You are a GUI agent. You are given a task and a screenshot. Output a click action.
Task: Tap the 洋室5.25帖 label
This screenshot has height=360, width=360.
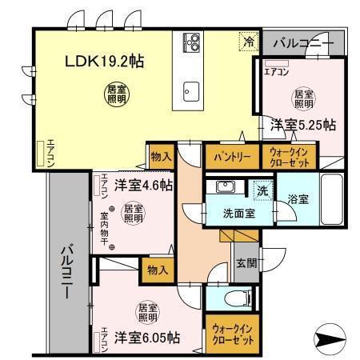302,125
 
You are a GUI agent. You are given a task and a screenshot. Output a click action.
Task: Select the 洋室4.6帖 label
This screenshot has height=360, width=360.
142,186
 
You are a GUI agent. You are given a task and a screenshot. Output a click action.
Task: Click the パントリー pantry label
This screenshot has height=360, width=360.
232,157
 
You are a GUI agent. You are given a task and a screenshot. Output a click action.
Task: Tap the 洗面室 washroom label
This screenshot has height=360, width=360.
239,213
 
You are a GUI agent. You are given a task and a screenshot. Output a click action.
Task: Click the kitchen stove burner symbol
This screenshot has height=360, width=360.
192,40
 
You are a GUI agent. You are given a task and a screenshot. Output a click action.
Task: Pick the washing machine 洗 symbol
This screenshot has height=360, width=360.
262,191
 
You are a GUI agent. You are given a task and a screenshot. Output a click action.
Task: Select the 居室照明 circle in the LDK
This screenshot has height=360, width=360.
115,92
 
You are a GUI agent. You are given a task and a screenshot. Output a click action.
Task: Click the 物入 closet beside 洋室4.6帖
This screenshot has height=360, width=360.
160,157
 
